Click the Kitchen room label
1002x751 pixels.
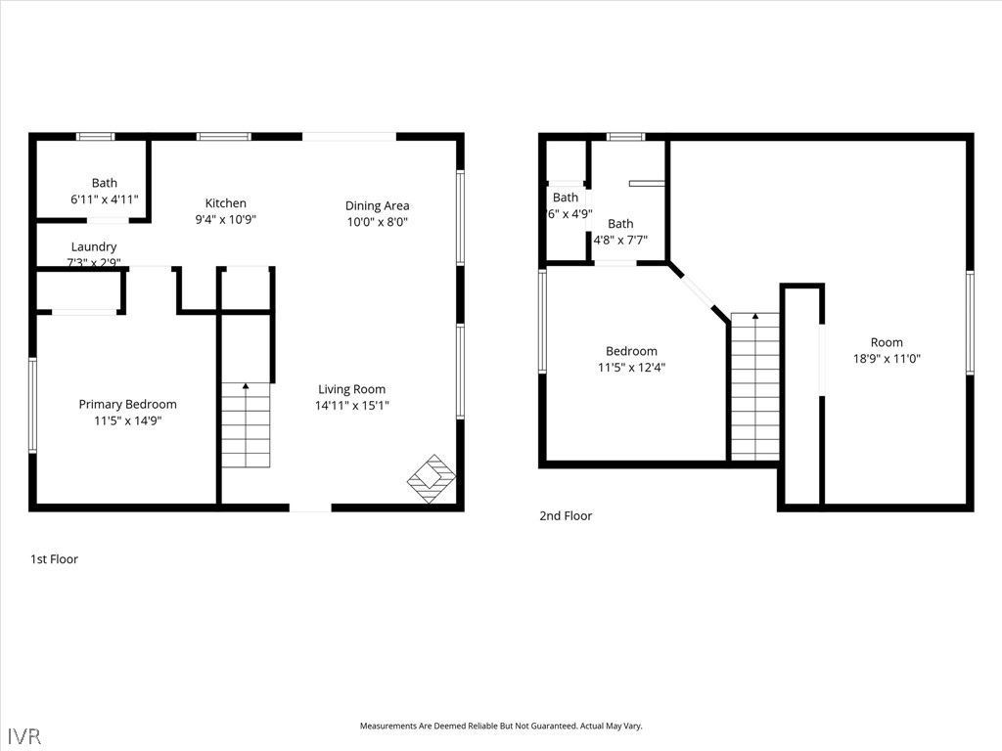pyautogui.click(x=225, y=203)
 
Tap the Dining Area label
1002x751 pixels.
pyautogui.click(x=377, y=205)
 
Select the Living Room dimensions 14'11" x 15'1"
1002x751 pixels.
pyautogui.click(x=352, y=405)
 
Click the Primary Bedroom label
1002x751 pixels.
pyautogui.click(x=127, y=404)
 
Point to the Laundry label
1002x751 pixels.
pyautogui.click(x=94, y=247)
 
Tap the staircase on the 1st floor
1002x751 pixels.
pyautogui.click(x=245, y=425)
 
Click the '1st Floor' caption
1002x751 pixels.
pyautogui.click(x=54, y=559)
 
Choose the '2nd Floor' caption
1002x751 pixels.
pyautogui.click(x=566, y=516)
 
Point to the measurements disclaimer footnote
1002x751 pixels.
pyautogui.click(x=501, y=726)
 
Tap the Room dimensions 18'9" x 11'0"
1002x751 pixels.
pyautogui.click(x=887, y=359)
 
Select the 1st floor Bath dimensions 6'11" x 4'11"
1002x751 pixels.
pyautogui.click(x=105, y=199)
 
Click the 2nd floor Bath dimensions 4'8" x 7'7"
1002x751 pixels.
pyautogui.click(x=620, y=240)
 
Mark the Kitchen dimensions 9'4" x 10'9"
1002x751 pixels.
pyautogui.click(x=225, y=220)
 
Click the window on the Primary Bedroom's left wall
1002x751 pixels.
pyautogui.click(x=32, y=404)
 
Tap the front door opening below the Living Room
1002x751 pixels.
pyautogui.click(x=310, y=508)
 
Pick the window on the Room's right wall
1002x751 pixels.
pyautogui.click(x=970, y=322)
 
